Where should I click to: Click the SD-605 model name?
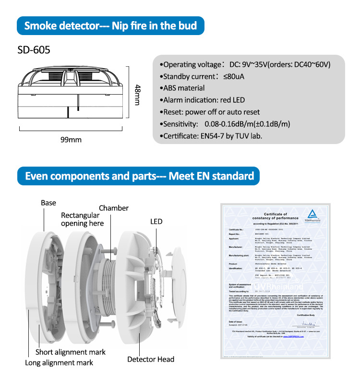(x=33, y=49)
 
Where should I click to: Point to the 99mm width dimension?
(x=71, y=140)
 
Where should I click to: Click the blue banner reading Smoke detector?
(x=111, y=25)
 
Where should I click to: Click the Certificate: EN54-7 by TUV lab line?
(x=210, y=136)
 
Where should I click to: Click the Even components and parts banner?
(x=139, y=176)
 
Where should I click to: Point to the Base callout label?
(x=48, y=203)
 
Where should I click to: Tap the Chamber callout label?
(x=114, y=208)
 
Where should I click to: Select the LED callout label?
(x=156, y=221)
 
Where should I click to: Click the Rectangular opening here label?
(x=82, y=219)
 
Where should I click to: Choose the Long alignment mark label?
(x=59, y=363)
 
